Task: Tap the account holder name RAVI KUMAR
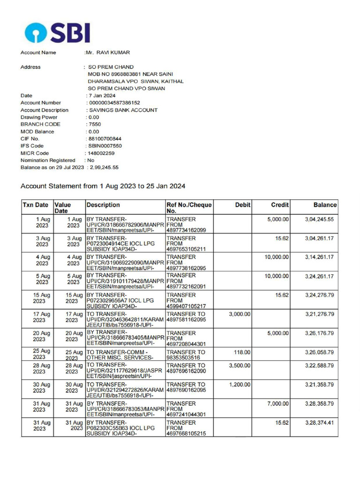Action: tap(110, 52)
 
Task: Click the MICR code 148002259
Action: tap(100, 153)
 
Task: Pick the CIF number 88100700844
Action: tap(105, 139)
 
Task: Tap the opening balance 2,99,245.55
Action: tap(104, 167)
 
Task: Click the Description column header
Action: tap(103, 205)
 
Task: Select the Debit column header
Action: tap(243, 205)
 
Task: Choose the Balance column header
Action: tap(325, 205)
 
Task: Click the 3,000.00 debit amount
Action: tap(240, 314)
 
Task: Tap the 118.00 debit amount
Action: tap(242, 352)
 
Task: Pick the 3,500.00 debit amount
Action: tap(240, 365)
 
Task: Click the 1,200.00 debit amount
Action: tap(240, 384)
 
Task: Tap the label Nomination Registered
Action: tap(48, 160)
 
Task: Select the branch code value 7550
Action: tap(94, 124)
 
